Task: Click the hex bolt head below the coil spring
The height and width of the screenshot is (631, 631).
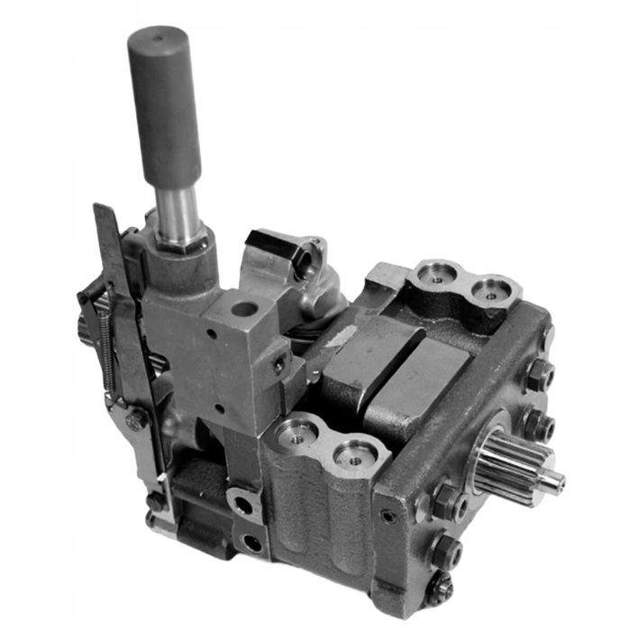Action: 134,418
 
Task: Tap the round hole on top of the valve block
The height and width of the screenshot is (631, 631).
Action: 242,309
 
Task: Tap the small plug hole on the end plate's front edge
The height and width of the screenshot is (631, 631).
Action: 388,517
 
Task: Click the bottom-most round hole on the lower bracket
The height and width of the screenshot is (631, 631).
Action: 251,543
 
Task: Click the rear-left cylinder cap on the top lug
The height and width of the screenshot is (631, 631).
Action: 438,274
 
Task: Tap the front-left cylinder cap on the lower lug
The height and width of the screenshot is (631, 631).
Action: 297,434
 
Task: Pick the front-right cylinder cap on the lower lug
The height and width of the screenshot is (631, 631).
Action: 354,456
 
